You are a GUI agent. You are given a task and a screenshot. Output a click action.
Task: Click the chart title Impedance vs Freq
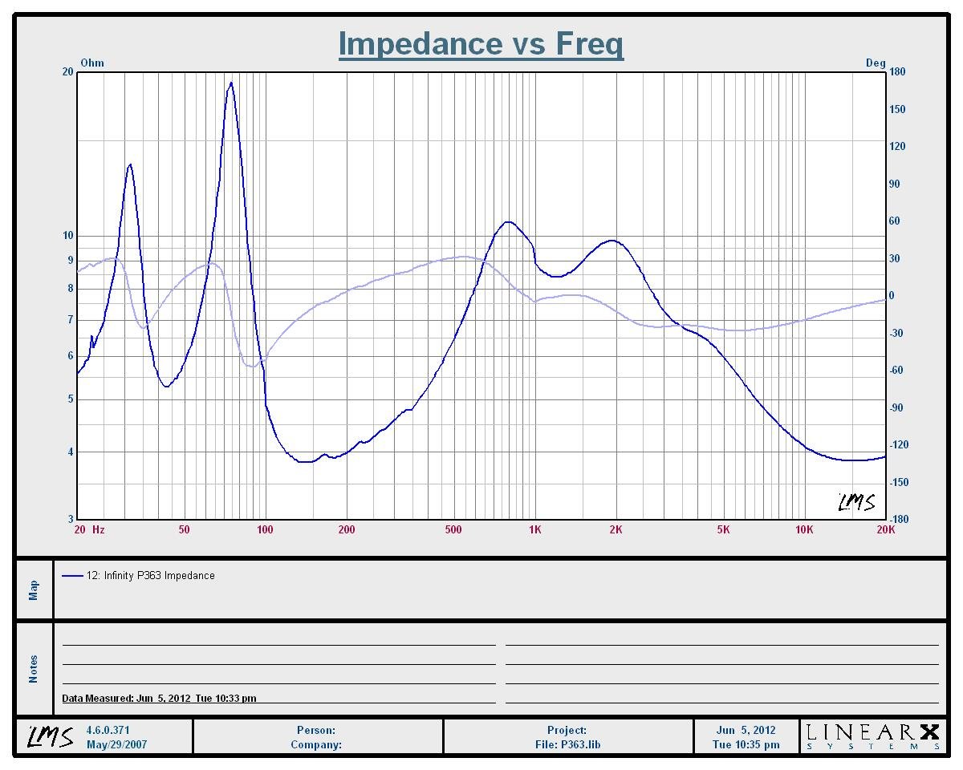pyautogui.click(x=481, y=43)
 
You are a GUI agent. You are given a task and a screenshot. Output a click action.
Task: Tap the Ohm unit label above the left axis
pyautogui.click(x=92, y=63)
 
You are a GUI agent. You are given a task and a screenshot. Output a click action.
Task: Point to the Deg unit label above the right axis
pyautogui.click(x=876, y=63)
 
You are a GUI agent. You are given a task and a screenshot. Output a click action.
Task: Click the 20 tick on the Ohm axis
pyautogui.click(x=68, y=72)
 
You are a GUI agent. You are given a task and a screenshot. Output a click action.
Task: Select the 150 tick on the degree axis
pyautogui.click(x=897, y=109)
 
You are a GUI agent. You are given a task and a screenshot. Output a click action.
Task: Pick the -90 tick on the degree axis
pyautogui.click(x=897, y=407)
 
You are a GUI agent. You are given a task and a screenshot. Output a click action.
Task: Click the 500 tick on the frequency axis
pyautogui.click(x=453, y=529)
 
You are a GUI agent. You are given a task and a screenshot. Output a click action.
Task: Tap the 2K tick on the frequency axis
pyautogui.click(x=616, y=529)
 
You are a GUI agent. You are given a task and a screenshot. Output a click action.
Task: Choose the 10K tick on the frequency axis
pyautogui.click(x=804, y=529)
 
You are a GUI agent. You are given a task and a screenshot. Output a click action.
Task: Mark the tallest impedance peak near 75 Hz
pyautogui.click(x=231, y=83)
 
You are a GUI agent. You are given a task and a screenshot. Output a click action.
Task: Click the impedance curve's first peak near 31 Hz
pyautogui.click(x=130, y=165)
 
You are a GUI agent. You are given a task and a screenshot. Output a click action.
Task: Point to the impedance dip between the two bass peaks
pyautogui.click(x=166, y=387)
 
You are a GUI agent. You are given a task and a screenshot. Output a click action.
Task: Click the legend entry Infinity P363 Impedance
pyautogui.click(x=150, y=575)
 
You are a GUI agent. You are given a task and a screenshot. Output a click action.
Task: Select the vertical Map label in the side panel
pyautogui.click(x=34, y=590)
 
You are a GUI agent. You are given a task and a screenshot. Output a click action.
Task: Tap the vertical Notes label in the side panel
pyautogui.click(x=34, y=669)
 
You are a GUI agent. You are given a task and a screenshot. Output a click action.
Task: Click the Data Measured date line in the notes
pyautogui.click(x=160, y=698)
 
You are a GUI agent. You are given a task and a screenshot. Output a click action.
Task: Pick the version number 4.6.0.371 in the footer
pyautogui.click(x=108, y=730)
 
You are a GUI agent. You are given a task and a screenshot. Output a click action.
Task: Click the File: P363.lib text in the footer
pyautogui.click(x=567, y=744)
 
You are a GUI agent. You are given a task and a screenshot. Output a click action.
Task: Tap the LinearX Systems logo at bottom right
pyautogui.click(x=872, y=736)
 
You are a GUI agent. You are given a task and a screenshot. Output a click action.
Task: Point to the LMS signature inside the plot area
pyautogui.click(x=856, y=502)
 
